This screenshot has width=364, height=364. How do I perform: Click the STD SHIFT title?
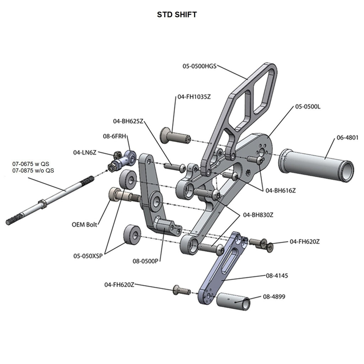pos(177,15)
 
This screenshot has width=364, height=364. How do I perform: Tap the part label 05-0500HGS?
pos(199,66)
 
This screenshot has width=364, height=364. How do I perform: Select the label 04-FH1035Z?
pos(192,96)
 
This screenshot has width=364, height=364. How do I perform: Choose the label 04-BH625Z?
pos(128,121)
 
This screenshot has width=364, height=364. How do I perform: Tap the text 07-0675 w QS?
pos(31,164)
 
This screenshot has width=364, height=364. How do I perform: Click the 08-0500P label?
pos(145,261)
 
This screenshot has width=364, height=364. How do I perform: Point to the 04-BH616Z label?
pos(280,191)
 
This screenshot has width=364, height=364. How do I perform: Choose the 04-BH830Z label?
pos(258,215)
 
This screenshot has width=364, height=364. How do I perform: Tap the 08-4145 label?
pos(276,275)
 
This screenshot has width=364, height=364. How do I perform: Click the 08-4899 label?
pos(274,296)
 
